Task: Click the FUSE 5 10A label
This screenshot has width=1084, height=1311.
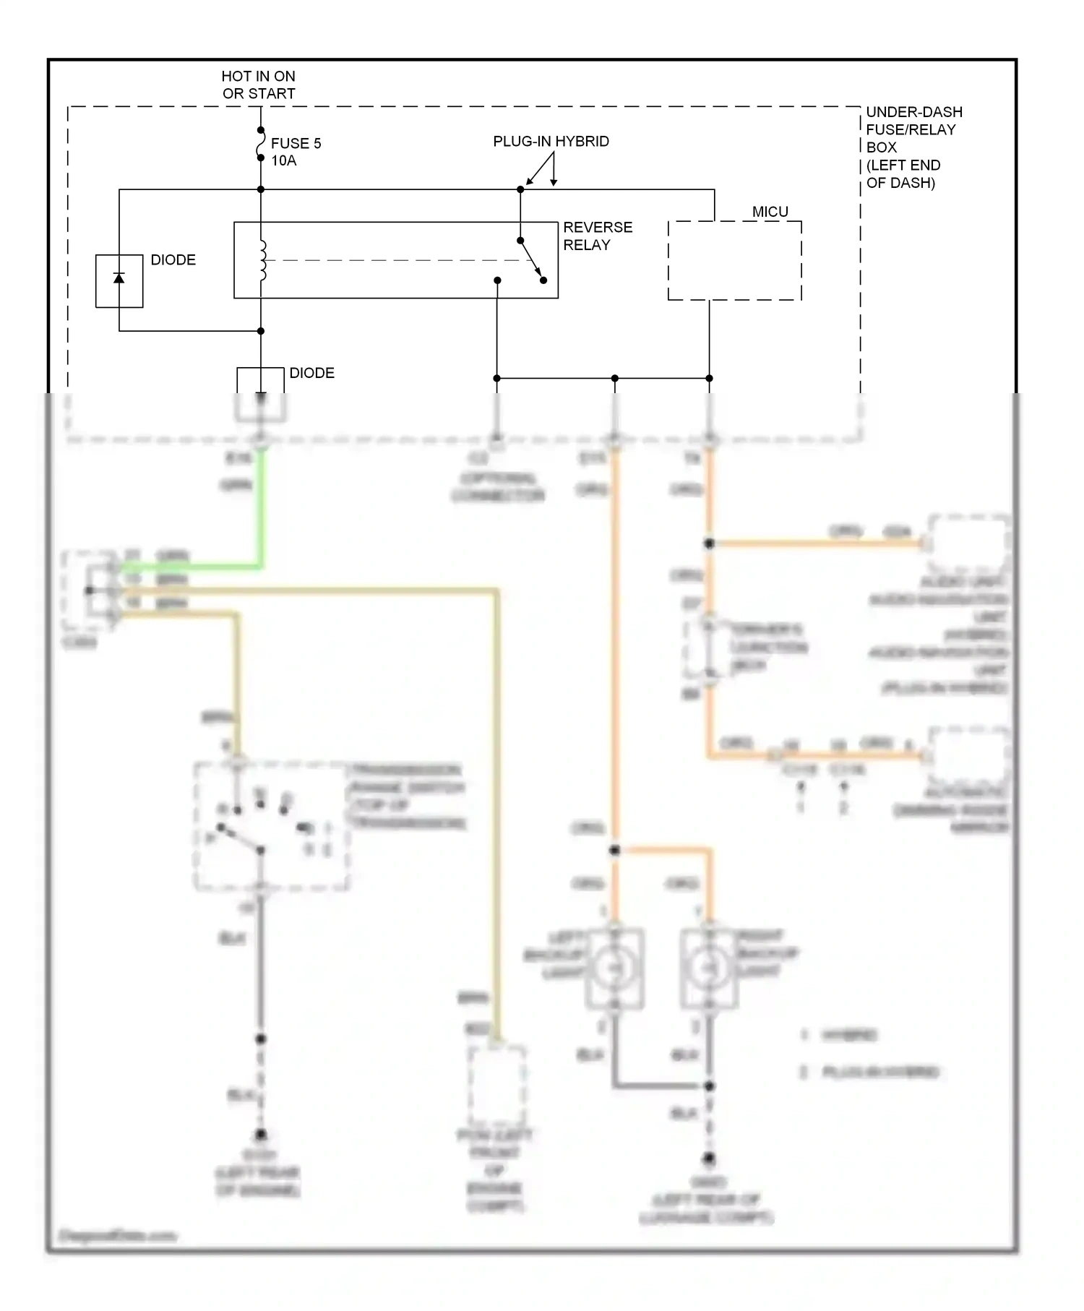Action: [x=295, y=152]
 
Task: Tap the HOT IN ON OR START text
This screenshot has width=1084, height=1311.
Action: [x=258, y=85]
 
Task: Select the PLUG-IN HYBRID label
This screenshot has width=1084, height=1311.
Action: [x=551, y=142]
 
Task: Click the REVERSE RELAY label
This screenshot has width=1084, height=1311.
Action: [x=597, y=236]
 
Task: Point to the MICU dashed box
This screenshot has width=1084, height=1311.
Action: [x=734, y=260]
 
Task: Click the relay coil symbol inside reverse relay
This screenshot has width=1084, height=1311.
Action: [x=262, y=260]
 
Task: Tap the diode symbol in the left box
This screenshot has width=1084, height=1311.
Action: [x=119, y=279]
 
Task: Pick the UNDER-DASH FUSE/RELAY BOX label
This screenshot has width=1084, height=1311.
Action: [x=913, y=147]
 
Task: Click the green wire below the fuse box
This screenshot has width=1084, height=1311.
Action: [x=262, y=506]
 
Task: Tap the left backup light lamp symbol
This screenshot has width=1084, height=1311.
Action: [x=614, y=967]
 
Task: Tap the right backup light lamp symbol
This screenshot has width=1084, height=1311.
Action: [x=709, y=967]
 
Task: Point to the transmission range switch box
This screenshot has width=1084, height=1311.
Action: [x=272, y=825]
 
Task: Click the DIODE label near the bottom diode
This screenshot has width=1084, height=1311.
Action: [x=311, y=373]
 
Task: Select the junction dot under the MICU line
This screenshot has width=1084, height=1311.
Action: [x=709, y=378]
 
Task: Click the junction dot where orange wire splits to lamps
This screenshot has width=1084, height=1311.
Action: [x=614, y=851]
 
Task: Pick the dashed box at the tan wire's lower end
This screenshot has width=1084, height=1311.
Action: [x=496, y=1084]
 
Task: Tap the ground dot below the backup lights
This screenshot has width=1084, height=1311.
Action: [x=709, y=1159]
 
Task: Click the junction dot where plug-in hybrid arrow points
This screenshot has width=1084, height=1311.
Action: [x=520, y=189]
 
